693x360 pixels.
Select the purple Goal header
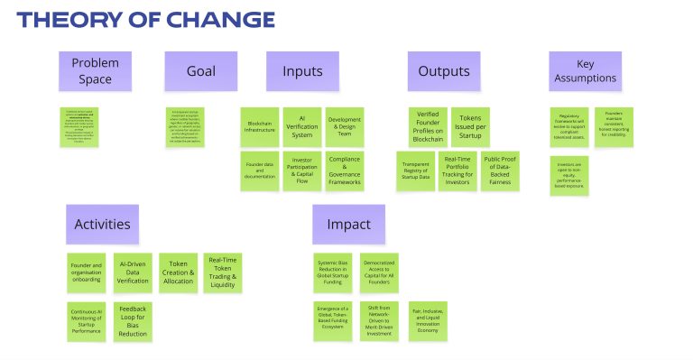pyautogui.click(x=200, y=71)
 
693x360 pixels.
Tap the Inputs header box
pyautogui.click(x=302, y=71)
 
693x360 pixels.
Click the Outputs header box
pyautogui.click(x=443, y=71)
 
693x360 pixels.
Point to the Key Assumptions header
pyautogui.click(x=585, y=71)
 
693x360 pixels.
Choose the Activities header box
pyautogui.click(x=102, y=224)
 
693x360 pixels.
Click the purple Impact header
pyautogui.click(x=348, y=224)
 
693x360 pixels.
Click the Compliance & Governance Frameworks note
pyautogui.click(x=344, y=171)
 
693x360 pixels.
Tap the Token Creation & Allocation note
pyautogui.click(x=179, y=272)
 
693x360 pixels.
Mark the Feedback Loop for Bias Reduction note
pyautogui.click(x=133, y=321)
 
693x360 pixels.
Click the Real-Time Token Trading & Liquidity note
pyautogui.click(x=222, y=272)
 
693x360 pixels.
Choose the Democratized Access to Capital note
pyautogui.click(x=379, y=272)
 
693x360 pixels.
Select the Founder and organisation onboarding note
pyautogui.click(x=87, y=272)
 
